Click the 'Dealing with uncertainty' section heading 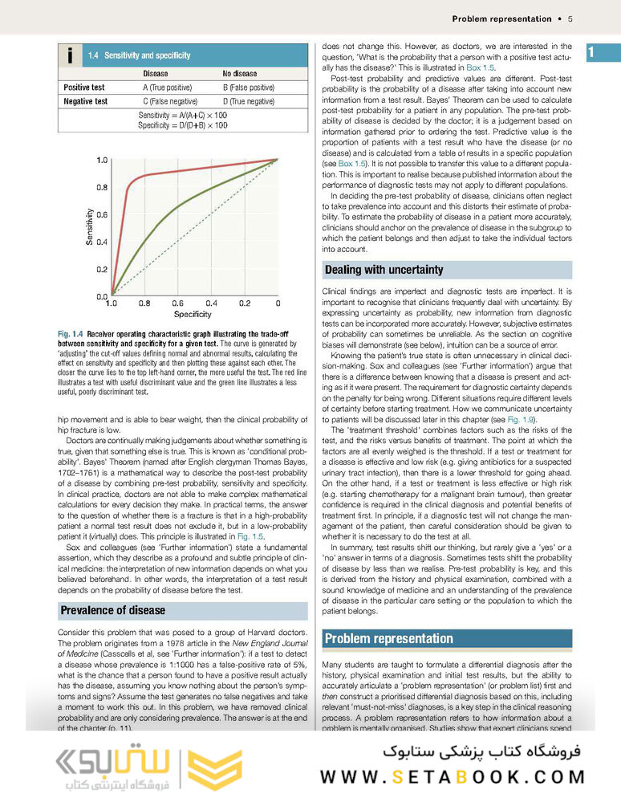click(x=383, y=271)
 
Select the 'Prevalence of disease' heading click(x=113, y=610)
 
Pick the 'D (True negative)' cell click(x=248, y=101)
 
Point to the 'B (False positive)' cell click(x=248, y=88)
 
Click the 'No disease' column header click(x=240, y=74)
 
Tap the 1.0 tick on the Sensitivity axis click(x=101, y=161)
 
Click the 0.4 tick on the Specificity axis click(x=211, y=303)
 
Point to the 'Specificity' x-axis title click(x=193, y=315)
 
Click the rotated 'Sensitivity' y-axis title click(x=89, y=227)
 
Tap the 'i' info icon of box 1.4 click(x=71, y=55)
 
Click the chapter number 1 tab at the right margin click(x=591, y=54)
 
